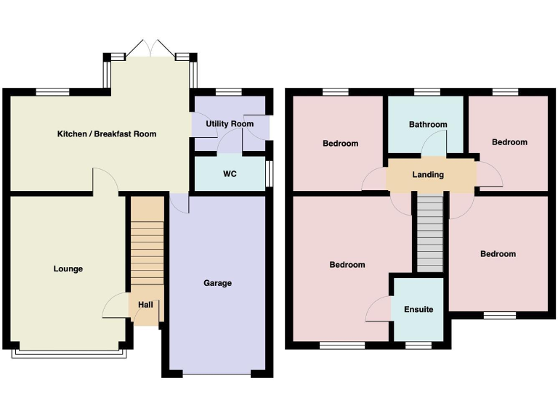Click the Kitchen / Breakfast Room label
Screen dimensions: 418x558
click(107, 134)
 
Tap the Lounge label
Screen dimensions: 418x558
click(68, 269)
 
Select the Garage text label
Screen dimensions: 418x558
click(217, 283)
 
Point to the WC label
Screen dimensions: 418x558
click(229, 174)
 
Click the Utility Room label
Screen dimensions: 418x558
click(230, 124)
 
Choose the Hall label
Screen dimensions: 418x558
click(145, 305)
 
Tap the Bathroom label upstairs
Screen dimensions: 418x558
click(428, 125)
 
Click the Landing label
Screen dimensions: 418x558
click(428, 175)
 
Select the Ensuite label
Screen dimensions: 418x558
click(418, 310)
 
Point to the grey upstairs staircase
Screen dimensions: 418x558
click(429, 232)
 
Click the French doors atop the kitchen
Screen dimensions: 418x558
click(151, 49)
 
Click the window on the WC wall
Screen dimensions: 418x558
click(268, 174)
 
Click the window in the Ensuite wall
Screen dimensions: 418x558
click(418, 345)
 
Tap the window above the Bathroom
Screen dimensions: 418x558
click(427, 91)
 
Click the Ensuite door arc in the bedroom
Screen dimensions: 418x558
click(379, 309)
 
